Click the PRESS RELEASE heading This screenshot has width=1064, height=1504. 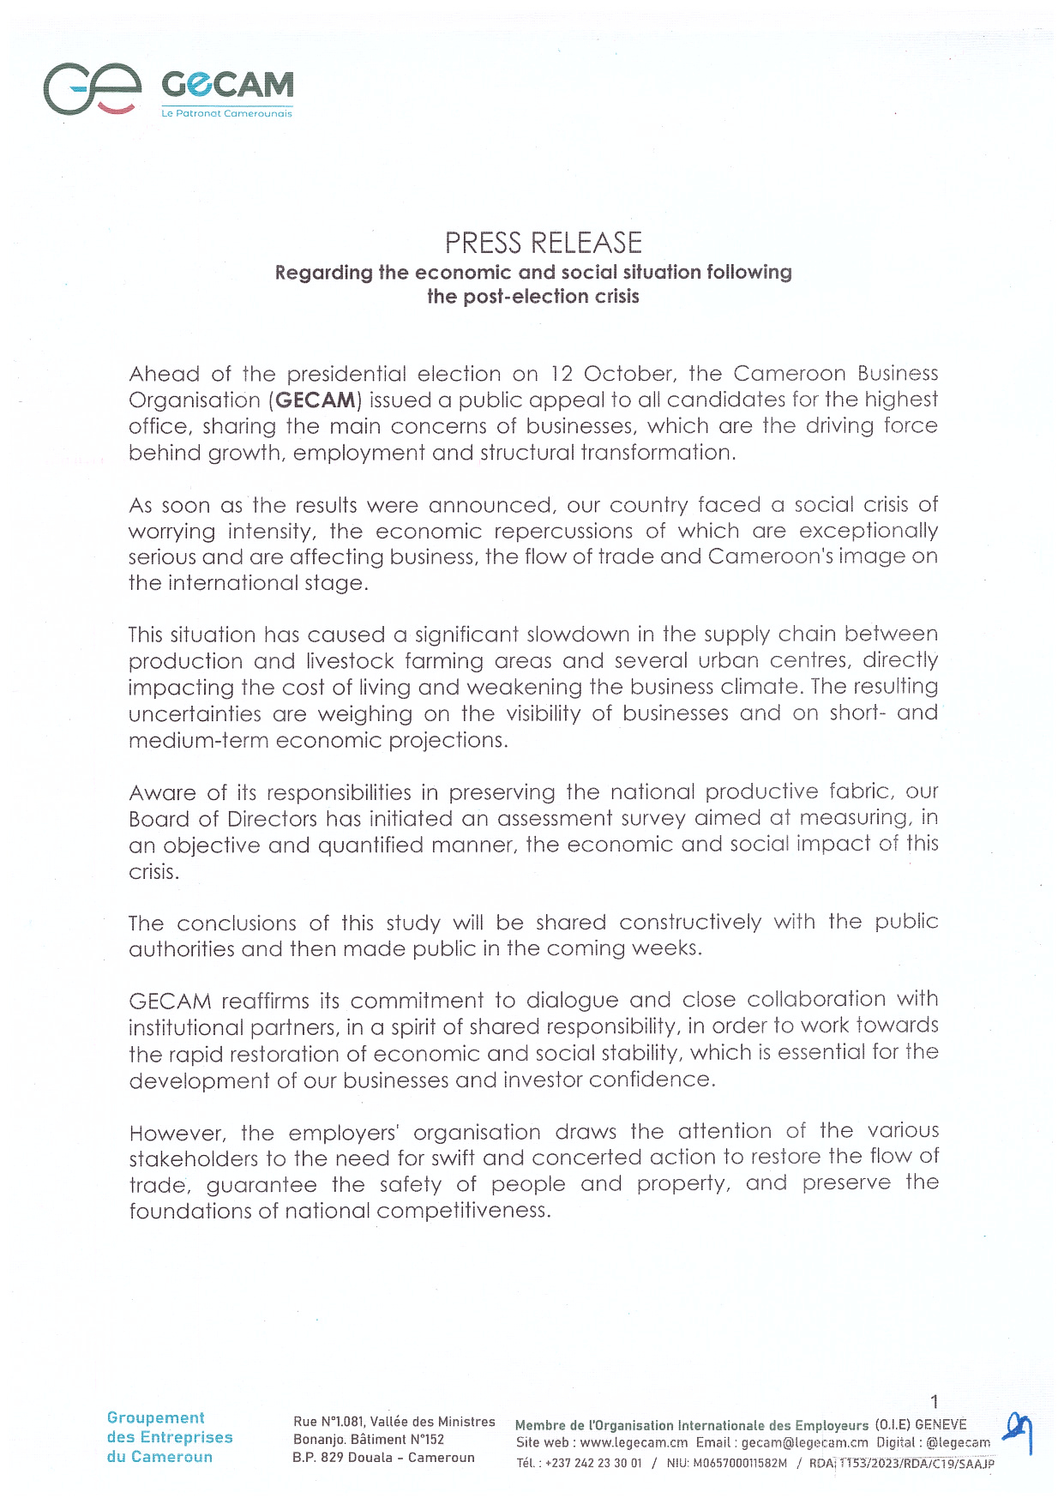click(543, 244)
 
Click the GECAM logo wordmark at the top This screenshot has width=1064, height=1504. click(227, 85)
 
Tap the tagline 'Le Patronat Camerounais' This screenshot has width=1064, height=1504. click(227, 113)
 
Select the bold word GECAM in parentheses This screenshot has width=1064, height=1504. click(316, 400)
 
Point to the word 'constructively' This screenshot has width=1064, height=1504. click(690, 922)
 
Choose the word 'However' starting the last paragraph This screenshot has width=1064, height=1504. click(177, 1133)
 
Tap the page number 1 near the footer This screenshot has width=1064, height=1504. click(935, 1401)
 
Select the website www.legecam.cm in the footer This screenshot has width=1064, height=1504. click(634, 1442)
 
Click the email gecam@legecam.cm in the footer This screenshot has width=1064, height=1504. click(804, 1442)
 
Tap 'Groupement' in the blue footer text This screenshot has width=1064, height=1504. click(156, 1418)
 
